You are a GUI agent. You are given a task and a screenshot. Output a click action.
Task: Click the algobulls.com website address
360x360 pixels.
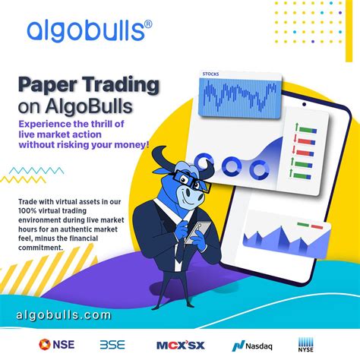(63, 314)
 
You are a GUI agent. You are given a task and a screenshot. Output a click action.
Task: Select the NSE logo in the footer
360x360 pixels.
(56, 343)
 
